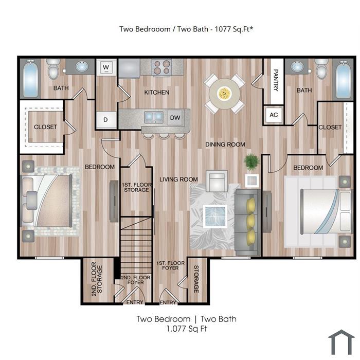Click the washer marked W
[x=106, y=67]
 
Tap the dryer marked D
[x=106, y=120]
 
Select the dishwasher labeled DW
[x=175, y=118]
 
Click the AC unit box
[x=274, y=115]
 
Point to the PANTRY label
[x=277, y=80]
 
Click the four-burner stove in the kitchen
[x=162, y=67]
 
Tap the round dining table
[x=224, y=94]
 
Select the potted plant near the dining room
[x=251, y=161]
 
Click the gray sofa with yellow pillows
[x=248, y=222]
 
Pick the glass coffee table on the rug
[x=215, y=217]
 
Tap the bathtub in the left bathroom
[x=30, y=78]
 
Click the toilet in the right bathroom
[x=321, y=68]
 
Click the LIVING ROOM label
[x=178, y=179]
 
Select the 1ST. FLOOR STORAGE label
[x=137, y=187]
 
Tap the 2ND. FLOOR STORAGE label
[x=97, y=279]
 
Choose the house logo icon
[x=341, y=342]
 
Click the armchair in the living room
[x=217, y=181]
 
